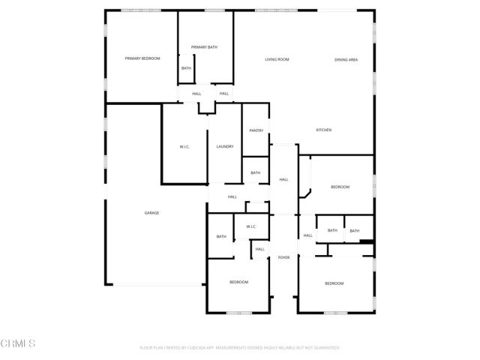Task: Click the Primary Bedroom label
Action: coord(142,58)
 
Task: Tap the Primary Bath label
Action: coord(204,47)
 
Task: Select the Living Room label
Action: coord(277,59)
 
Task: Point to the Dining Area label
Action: coord(346,59)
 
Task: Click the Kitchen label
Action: coord(323,130)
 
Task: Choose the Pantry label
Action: coord(256,130)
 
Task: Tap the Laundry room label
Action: coord(225,146)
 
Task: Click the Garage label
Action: coord(151,213)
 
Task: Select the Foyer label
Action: coord(283,257)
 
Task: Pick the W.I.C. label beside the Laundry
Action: coord(184,146)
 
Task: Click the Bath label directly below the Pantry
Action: coord(256,173)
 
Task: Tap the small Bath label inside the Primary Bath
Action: coord(186,68)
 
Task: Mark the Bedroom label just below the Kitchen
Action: coord(340,187)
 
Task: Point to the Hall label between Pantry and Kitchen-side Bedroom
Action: coord(283,179)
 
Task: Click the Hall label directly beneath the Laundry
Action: coord(232,196)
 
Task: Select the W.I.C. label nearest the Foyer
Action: coord(251,226)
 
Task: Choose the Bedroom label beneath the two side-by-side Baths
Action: coord(334,283)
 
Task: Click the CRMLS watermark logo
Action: coord(19,343)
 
